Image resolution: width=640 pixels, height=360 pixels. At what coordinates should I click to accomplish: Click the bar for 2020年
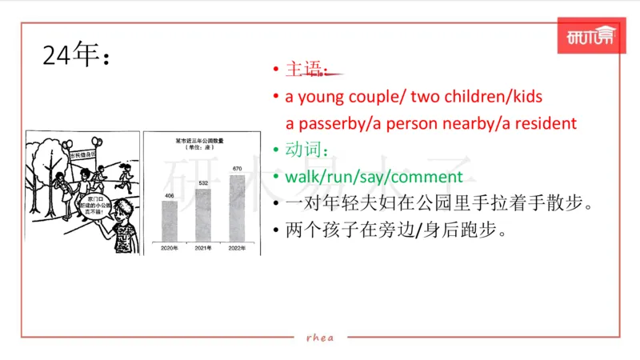170,221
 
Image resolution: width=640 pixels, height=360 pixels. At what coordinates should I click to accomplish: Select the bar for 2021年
203,215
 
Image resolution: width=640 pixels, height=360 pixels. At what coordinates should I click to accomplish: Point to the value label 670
237,170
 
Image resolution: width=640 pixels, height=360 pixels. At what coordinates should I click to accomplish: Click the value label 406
170,195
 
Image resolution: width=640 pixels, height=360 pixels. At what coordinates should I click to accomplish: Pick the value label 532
203,183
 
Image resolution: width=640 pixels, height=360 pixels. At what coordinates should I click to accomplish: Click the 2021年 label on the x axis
203,249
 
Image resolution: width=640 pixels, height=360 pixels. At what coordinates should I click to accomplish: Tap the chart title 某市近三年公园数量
199,140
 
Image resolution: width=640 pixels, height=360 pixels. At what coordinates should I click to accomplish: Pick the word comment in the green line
431,176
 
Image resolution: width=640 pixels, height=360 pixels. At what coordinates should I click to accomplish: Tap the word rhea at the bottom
320,337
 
